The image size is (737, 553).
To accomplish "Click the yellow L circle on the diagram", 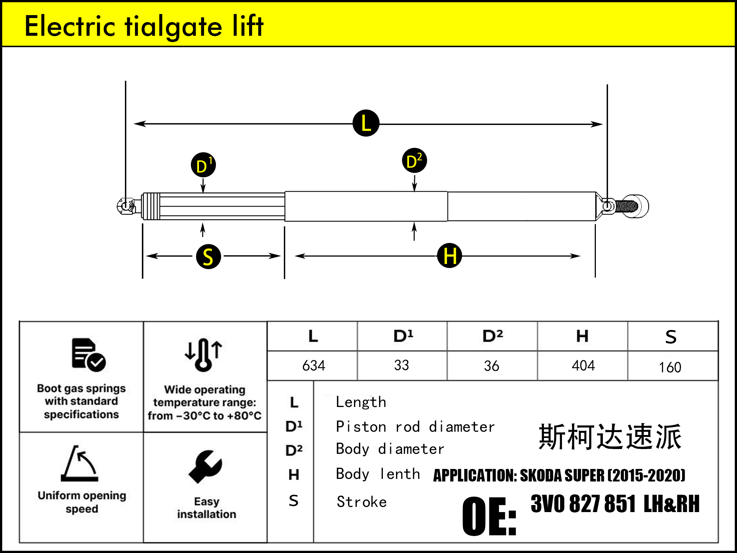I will [x=366, y=123].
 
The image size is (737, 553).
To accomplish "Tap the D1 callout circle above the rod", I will [x=203, y=165].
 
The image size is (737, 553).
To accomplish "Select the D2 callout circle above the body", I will [x=414, y=161].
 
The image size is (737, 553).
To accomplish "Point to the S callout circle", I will [x=208, y=256].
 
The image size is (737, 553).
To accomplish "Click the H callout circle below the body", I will [x=449, y=255].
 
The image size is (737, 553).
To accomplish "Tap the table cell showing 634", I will [x=314, y=366].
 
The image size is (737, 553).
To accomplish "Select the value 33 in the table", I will [x=401, y=365].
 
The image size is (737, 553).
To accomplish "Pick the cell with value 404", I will [x=583, y=365].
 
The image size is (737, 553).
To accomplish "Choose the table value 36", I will [x=491, y=366].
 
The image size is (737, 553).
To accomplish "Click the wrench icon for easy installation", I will [x=206, y=466].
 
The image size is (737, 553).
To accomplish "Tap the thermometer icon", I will [x=203, y=354].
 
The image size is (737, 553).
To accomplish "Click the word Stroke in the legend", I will [x=361, y=502].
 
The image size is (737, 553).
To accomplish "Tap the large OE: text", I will [x=489, y=516].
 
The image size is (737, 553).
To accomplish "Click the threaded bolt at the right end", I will [x=626, y=206].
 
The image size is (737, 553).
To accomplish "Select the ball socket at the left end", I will [x=126, y=206].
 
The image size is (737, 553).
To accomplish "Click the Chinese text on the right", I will [x=610, y=437].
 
